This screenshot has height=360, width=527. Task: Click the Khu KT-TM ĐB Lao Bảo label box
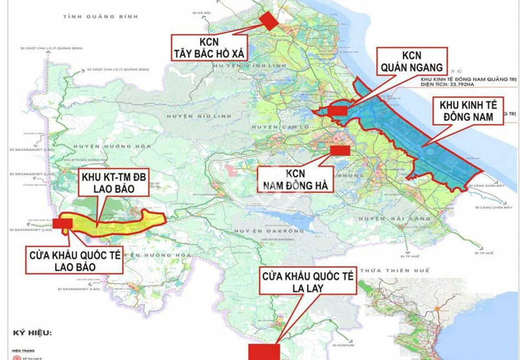(115, 183)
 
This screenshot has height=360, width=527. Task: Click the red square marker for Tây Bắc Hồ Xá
(269, 21)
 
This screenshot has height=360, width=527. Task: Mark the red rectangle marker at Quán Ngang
(337, 111)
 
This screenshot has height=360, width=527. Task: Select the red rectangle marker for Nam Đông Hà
(340, 150)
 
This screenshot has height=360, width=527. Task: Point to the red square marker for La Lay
(263, 352)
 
